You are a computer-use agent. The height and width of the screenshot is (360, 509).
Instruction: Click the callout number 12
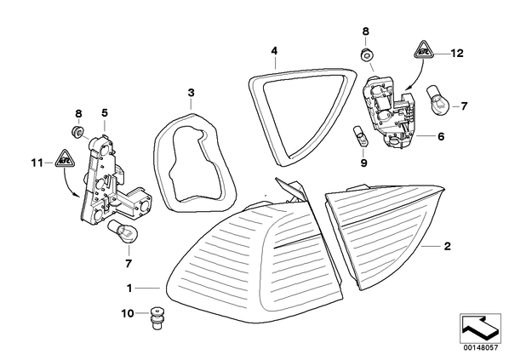456,53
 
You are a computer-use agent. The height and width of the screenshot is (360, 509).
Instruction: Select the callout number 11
37,163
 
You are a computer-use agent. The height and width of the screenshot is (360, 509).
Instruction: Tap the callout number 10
128,313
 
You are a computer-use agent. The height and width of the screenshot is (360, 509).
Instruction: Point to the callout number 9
363,163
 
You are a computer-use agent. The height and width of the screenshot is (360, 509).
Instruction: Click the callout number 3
192,93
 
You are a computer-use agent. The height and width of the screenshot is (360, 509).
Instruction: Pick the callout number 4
275,51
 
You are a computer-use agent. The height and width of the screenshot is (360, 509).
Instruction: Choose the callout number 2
448,246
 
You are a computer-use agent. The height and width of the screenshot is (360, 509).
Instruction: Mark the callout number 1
129,288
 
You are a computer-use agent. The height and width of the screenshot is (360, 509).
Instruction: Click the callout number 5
104,113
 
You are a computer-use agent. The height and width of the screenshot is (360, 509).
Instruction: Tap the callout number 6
441,136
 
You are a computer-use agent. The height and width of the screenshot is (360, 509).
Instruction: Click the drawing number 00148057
480,348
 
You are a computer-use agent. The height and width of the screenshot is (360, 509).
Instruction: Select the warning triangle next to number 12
422,50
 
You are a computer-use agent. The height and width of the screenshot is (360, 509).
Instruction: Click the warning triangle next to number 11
65,160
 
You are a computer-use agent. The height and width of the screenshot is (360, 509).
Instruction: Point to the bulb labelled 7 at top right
439,97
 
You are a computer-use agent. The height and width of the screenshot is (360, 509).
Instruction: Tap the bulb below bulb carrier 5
124,231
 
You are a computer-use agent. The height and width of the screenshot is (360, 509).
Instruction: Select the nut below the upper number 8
366,54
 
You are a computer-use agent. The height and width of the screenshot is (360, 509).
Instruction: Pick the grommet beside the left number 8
77,130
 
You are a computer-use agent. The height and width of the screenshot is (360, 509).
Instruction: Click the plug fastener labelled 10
157,319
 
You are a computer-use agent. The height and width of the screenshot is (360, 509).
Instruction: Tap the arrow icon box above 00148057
480,329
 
